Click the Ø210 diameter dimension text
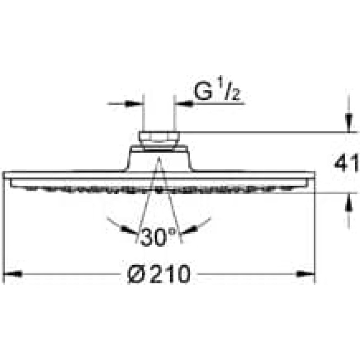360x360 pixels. (159, 274)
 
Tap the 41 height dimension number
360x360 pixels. (346, 163)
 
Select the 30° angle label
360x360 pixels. (158, 237)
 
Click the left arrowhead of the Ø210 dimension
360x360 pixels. (13, 274)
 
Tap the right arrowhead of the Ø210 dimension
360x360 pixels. (305, 274)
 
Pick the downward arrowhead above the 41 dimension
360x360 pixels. (349, 123)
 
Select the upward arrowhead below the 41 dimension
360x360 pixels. (349, 202)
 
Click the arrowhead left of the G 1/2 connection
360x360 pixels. (134, 103)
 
